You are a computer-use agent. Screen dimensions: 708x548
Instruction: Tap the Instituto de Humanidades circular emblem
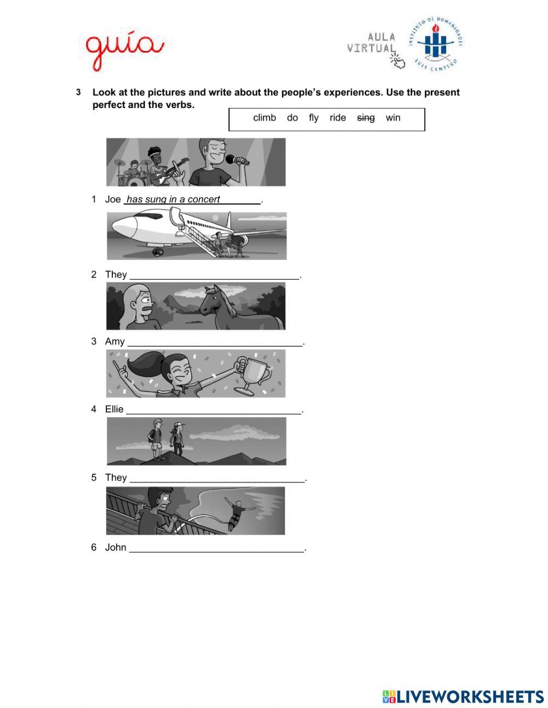(434, 43)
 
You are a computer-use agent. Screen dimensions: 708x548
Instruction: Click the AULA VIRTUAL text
(372, 43)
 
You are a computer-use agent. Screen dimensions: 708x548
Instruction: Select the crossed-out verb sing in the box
(366, 118)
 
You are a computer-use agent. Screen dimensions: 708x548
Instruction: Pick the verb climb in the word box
(264, 118)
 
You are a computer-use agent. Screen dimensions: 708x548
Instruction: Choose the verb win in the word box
(393, 118)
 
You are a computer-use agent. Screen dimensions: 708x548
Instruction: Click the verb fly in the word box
(313, 118)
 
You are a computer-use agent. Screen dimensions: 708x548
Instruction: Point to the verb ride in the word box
(338, 118)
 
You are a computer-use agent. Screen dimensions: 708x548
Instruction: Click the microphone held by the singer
(237, 160)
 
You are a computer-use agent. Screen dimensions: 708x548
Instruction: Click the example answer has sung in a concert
(173, 200)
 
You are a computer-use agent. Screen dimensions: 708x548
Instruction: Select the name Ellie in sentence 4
(115, 410)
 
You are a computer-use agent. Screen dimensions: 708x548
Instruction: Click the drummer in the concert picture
(134, 168)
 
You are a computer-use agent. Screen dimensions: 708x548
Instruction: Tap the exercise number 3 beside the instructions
(78, 92)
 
